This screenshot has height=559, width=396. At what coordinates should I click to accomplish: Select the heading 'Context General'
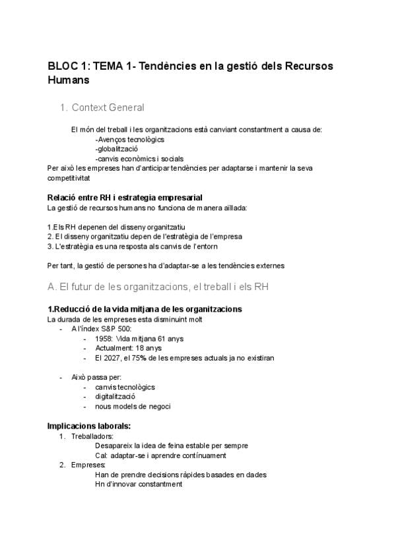click(x=108, y=107)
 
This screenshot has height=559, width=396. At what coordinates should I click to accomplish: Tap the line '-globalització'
click(x=116, y=149)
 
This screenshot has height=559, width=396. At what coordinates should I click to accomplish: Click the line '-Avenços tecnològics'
click(x=129, y=140)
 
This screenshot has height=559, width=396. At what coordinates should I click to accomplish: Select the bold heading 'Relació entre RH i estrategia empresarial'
click(x=125, y=198)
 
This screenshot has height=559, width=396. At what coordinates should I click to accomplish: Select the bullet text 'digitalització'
click(x=115, y=397)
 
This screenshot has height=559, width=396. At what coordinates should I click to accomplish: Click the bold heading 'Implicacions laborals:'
click(x=88, y=425)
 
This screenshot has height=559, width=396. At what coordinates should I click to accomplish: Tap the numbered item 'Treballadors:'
click(x=92, y=436)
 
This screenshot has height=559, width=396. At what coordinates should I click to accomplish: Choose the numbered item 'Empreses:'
click(x=87, y=465)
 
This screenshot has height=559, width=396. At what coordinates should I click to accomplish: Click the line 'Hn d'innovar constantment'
click(x=138, y=484)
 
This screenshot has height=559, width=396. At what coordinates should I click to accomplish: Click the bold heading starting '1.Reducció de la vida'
click(x=144, y=309)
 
